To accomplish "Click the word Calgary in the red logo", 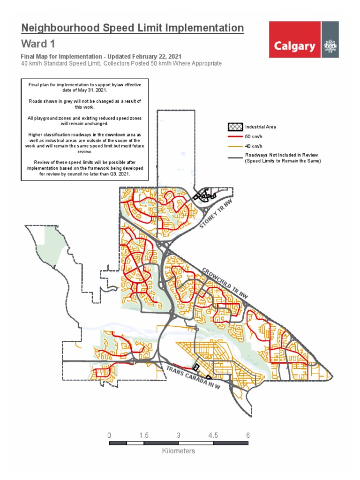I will [x=294, y=46].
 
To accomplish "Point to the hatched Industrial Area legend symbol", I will [x=235, y=127].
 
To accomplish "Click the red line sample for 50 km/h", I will [x=235, y=136].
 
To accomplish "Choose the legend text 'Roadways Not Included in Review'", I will [x=282, y=155].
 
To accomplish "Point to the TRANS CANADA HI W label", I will [x=193, y=377].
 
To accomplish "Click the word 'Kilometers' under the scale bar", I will [x=179, y=451].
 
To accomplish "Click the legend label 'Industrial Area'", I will [x=261, y=127].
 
